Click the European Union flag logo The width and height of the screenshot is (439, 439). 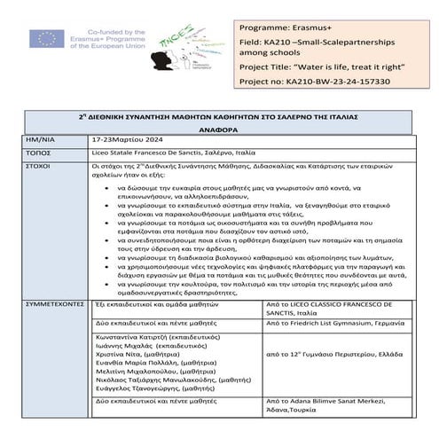click(43, 38)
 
